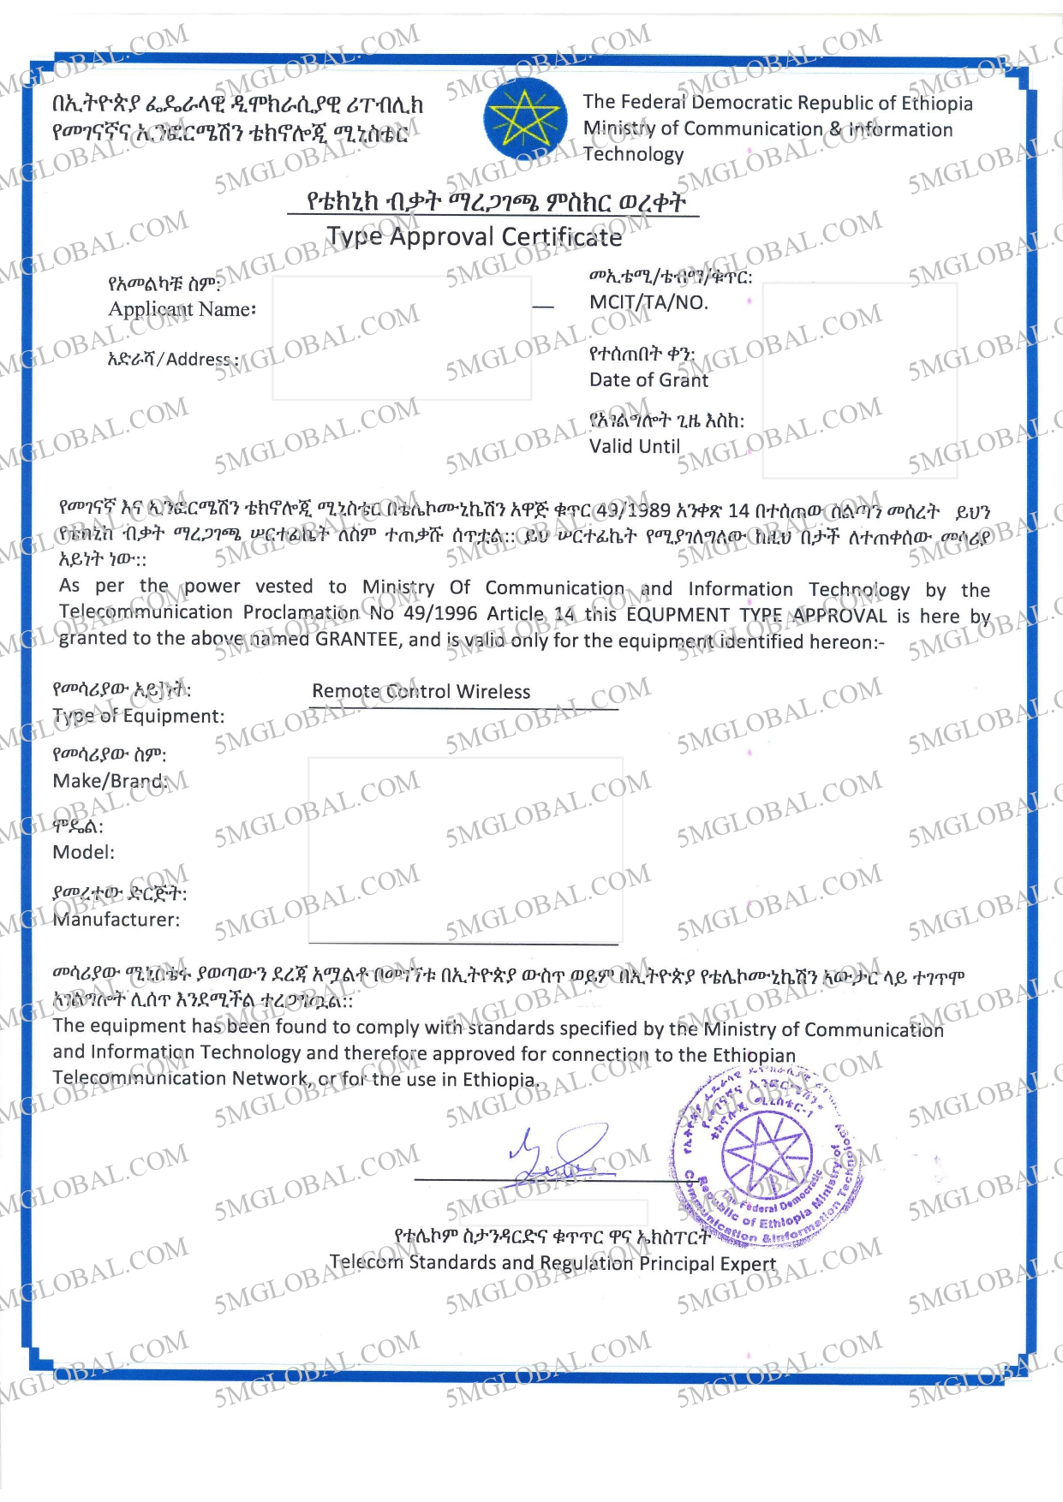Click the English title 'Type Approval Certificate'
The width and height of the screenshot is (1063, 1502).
(474, 236)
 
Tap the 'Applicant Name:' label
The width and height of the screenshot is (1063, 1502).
(182, 309)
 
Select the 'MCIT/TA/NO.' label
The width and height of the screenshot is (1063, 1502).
(648, 302)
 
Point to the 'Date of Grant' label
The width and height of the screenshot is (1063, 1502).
(648, 379)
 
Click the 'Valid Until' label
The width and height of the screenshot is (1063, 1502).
(634, 446)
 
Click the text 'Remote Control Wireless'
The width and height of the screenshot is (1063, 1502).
(421, 691)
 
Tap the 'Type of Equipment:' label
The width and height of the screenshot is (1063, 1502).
(138, 716)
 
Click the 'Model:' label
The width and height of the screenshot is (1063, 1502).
(83, 852)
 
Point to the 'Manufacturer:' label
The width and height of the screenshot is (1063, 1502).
(116, 920)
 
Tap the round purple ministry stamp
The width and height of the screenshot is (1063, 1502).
(764, 1154)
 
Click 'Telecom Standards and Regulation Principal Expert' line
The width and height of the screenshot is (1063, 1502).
(552, 1263)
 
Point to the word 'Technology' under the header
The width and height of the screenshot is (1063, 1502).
(633, 154)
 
